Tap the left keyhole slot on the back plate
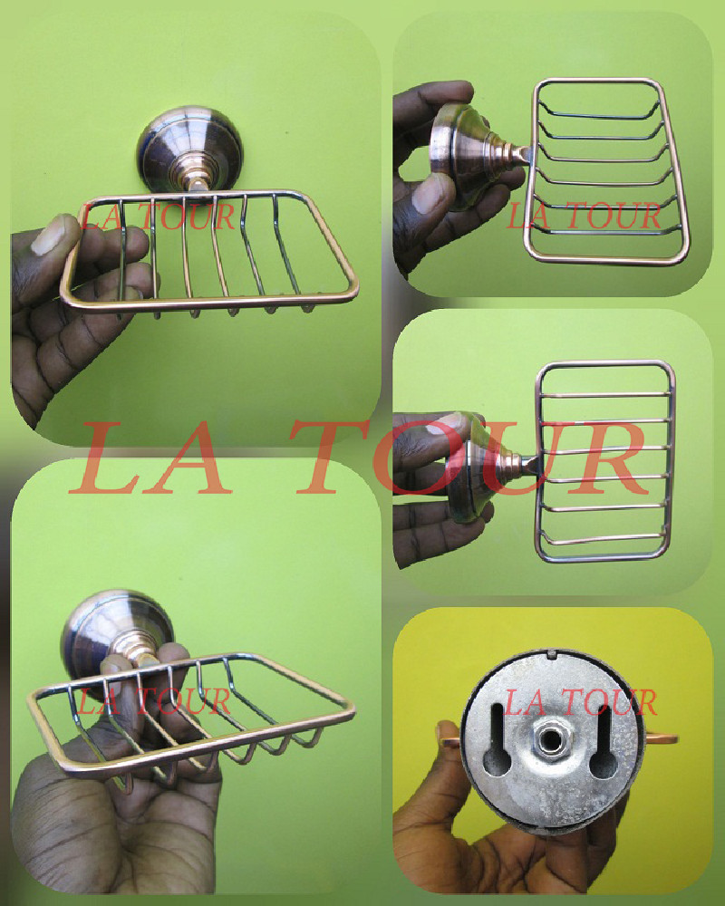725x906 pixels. point(498,739)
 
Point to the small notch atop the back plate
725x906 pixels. point(551,654)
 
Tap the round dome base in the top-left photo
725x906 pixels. point(189,149)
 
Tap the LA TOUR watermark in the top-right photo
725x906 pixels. point(584,216)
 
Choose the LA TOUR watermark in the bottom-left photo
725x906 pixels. point(153,701)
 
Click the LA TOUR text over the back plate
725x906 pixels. point(580,702)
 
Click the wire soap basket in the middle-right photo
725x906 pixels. point(604,461)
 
